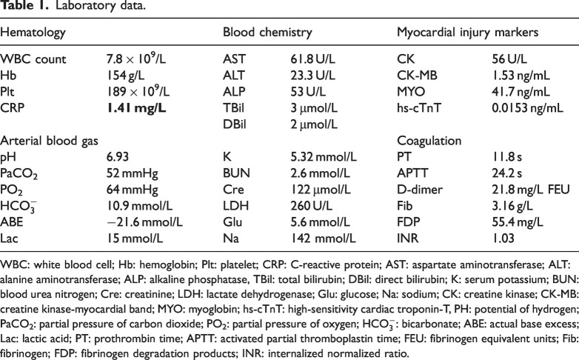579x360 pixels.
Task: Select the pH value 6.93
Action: click(118, 158)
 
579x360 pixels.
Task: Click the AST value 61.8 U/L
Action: click(315, 58)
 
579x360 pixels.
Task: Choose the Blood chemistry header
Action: click(267, 33)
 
